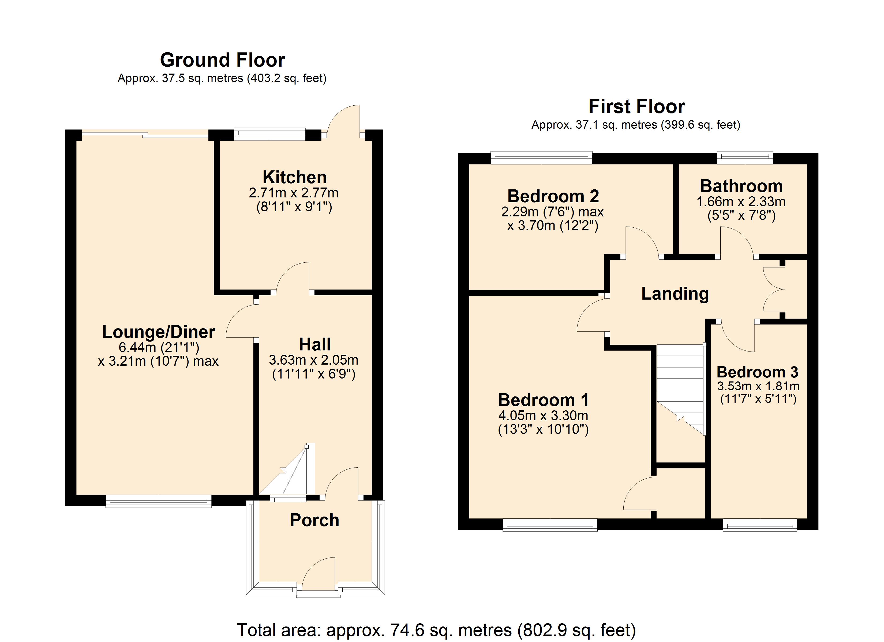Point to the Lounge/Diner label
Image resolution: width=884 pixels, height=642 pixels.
tap(159, 332)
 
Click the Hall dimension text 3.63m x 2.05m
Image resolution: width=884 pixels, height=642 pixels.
tap(313, 360)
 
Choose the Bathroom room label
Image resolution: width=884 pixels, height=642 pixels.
tap(741, 186)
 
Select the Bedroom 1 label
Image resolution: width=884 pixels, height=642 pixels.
tap(543, 400)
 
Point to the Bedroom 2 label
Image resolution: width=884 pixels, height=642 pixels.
tap(553, 196)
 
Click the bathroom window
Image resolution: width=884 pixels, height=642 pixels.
tap(745, 157)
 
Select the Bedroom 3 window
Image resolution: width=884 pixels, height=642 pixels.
tap(760, 525)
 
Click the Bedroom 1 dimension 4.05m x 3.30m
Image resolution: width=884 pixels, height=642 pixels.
tap(543, 416)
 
